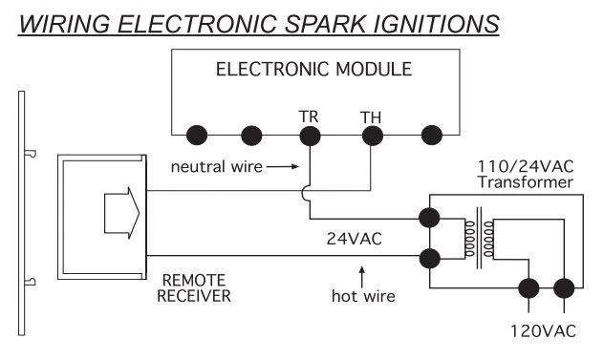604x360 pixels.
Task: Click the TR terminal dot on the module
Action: tap(310, 133)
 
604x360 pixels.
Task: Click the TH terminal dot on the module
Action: tap(370, 133)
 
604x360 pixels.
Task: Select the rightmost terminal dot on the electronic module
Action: tap(431, 133)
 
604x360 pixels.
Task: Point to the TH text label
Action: tap(371, 116)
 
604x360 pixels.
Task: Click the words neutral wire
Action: tap(212, 166)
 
